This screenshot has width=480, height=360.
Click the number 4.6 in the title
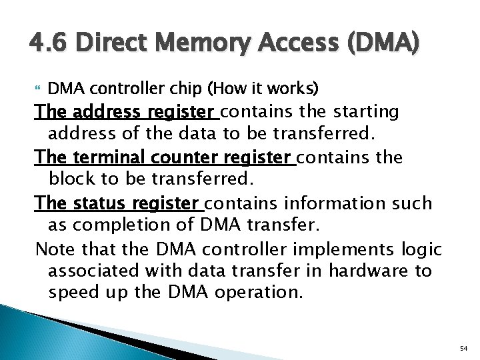point(45,45)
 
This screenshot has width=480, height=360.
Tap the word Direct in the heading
point(102,45)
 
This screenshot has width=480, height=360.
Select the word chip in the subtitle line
point(187,88)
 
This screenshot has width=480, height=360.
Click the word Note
point(52,249)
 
